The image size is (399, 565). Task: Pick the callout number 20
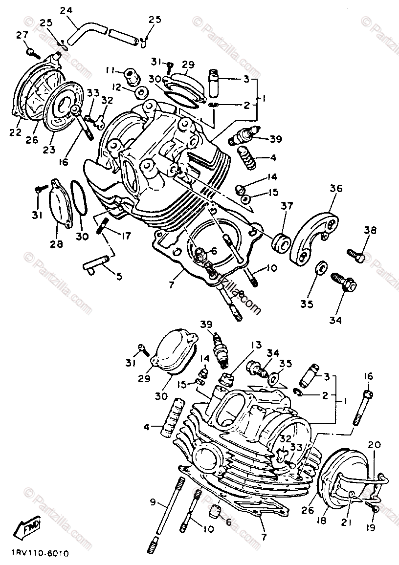coord(374,445)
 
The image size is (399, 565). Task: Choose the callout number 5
coord(119,276)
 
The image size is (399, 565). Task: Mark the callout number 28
coord(56,244)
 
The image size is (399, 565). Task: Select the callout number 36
coord(336,188)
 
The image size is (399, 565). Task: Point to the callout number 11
coord(111,70)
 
